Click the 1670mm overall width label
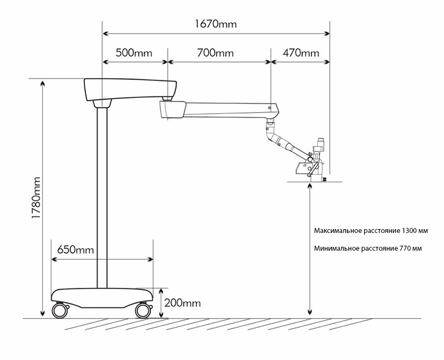tap(215, 24)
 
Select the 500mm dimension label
tap(134, 53)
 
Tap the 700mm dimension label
tap(215, 53)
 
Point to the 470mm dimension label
tap(301, 53)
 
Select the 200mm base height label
tap(183, 303)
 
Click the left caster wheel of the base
tap(59, 310)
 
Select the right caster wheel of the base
tap(143, 310)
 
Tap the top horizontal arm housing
tap(130, 88)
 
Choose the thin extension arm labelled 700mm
tap(228, 108)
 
